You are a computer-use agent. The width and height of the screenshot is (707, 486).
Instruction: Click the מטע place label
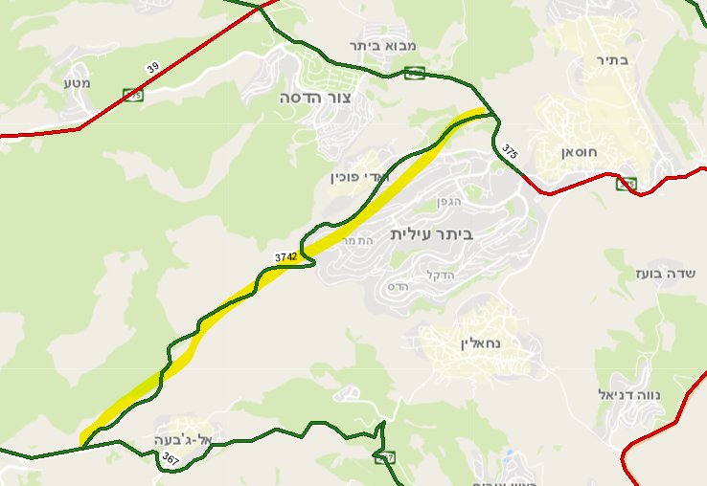(78, 83)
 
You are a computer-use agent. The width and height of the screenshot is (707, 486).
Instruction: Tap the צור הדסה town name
(316, 98)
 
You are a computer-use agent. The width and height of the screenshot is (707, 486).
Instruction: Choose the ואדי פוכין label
(356, 176)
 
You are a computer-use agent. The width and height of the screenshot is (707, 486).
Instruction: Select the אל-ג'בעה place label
(188, 439)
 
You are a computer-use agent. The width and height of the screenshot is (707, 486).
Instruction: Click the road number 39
(153, 69)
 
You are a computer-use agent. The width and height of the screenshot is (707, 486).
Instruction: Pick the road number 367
(171, 460)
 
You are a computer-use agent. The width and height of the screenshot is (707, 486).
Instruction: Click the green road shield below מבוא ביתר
(415, 73)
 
